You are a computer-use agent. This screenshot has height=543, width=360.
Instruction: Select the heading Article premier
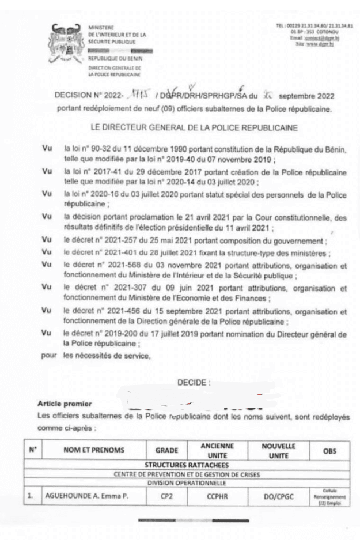(64, 404)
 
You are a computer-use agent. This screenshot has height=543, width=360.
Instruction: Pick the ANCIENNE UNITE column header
(217, 450)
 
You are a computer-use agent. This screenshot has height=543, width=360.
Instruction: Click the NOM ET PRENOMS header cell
(94, 450)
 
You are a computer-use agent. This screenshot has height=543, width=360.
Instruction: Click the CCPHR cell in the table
(217, 495)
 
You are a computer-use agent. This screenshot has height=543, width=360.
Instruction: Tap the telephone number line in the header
(314, 26)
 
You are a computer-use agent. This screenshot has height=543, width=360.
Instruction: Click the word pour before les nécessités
(49, 355)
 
